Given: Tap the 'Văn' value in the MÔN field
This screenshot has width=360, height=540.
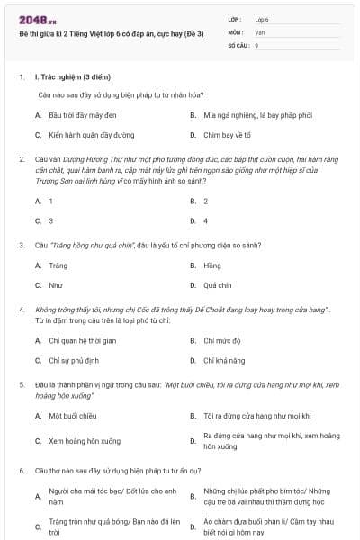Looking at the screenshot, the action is point(260,31).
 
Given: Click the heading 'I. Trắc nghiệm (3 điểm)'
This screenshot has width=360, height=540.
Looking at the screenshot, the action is point(72,77).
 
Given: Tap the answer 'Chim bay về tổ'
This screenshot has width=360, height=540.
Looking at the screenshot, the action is point(228,135).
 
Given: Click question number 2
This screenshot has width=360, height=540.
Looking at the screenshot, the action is point(22,157).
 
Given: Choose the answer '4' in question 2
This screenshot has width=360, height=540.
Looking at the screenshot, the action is point(205,220).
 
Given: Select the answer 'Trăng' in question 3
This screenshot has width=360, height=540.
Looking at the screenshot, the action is point(58,265).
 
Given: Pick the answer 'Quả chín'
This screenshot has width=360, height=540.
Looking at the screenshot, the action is point(217,285).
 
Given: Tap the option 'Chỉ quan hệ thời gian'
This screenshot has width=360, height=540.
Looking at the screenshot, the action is point(83,340).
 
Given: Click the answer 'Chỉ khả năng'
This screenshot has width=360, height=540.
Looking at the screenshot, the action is point(223,360).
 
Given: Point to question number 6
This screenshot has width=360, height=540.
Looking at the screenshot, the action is point(22,471).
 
